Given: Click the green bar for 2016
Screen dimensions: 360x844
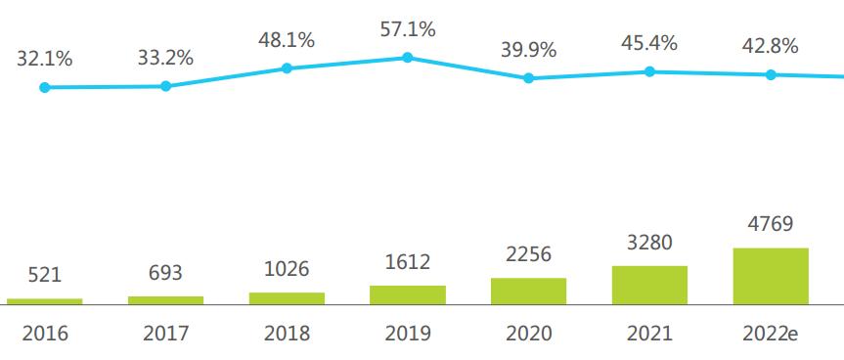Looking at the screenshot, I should [x=44, y=301].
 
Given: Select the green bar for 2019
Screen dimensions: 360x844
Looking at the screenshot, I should [x=408, y=294].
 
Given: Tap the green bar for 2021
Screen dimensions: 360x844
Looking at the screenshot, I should [x=649, y=285].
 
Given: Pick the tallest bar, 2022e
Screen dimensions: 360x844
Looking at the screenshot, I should [x=771, y=276].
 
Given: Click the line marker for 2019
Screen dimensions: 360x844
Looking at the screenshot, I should [x=408, y=58].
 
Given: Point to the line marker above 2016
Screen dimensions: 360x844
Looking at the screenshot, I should [x=44, y=87].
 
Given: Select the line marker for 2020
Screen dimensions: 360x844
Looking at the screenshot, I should [x=529, y=78].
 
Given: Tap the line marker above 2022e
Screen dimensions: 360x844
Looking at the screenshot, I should [x=771, y=74].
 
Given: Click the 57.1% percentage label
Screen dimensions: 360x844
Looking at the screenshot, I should [x=408, y=29].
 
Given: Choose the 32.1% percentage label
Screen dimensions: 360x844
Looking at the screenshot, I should [x=44, y=59].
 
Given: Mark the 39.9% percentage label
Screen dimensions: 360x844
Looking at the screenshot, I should [x=529, y=50].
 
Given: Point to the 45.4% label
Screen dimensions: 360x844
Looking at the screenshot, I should [x=649, y=44].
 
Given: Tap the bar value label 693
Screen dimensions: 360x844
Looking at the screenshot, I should [x=165, y=274].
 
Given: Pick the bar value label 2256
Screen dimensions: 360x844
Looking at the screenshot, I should [x=529, y=255].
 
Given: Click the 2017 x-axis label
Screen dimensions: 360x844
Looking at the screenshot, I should [x=165, y=334].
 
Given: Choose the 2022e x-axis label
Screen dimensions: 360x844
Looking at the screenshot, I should [x=771, y=334].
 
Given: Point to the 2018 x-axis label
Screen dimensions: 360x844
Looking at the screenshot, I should [x=287, y=334].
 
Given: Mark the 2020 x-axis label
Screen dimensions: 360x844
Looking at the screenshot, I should [x=529, y=334].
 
